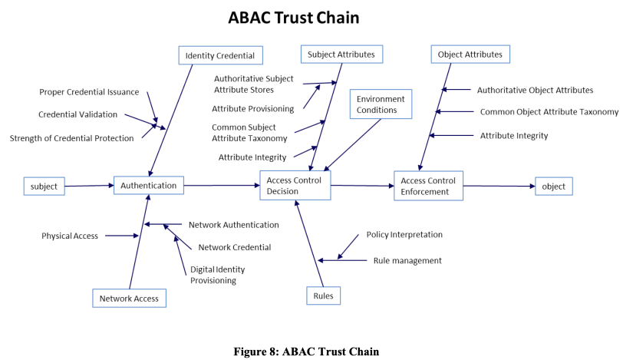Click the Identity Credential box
[x=220, y=55]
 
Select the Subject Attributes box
[x=341, y=54]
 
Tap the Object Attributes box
[x=470, y=54]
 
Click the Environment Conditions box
[x=381, y=104]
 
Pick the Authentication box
[x=149, y=185]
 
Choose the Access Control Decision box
[x=295, y=186]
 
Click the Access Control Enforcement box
[x=428, y=186]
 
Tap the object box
[x=553, y=186]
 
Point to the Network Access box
[x=129, y=299]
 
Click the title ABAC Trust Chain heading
[x=294, y=18]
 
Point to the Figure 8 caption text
[x=306, y=351]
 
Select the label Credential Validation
[x=77, y=114]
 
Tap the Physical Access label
[x=70, y=236]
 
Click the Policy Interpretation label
[x=404, y=234]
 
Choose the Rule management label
[x=407, y=260]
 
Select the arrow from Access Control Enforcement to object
[x=499, y=186]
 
